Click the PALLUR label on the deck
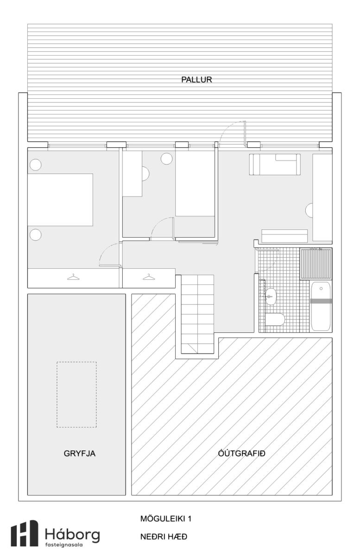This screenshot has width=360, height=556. [x=196, y=80]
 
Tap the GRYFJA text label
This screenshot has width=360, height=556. [x=79, y=454]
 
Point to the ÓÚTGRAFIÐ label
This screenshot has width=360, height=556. [x=241, y=453]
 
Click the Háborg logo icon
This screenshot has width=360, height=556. [x=25, y=533]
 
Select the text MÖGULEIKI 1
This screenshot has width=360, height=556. [x=165, y=518]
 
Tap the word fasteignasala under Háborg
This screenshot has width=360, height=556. [x=64, y=545]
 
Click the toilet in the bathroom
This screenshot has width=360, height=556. [x=275, y=319]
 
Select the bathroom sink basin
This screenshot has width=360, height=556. [x=270, y=297]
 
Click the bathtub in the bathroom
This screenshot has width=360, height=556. [x=321, y=306]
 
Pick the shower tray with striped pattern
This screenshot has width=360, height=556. [x=316, y=263]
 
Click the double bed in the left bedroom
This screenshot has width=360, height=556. [x=60, y=200]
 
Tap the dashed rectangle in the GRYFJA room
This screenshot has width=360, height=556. [x=76, y=395]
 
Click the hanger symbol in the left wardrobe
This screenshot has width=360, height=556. [x=73, y=277]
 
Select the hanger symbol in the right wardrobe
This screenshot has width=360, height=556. [x=149, y=277]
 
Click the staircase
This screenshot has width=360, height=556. [x=197, y=314]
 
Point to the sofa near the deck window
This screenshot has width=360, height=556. [x=275, y=164]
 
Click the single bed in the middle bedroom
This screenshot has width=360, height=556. [x=195, y=183]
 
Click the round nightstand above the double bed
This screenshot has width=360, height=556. [x=36, y=164]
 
